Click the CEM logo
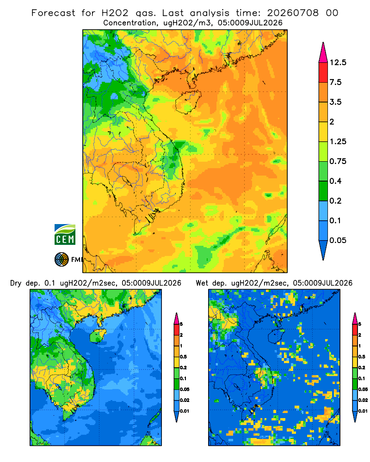65,234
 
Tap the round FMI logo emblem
62,259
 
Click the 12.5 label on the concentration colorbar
338,62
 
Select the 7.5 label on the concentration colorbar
335,82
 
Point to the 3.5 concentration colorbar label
335,102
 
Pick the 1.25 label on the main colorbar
338,141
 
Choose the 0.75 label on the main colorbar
338,161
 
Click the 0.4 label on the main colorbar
335,181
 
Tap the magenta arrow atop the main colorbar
323,54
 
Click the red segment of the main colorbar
323,73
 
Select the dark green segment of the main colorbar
323,191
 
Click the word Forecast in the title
53,13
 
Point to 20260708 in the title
293,13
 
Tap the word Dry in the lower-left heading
16,284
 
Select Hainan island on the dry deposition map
98,335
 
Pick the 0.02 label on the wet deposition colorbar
363,400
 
